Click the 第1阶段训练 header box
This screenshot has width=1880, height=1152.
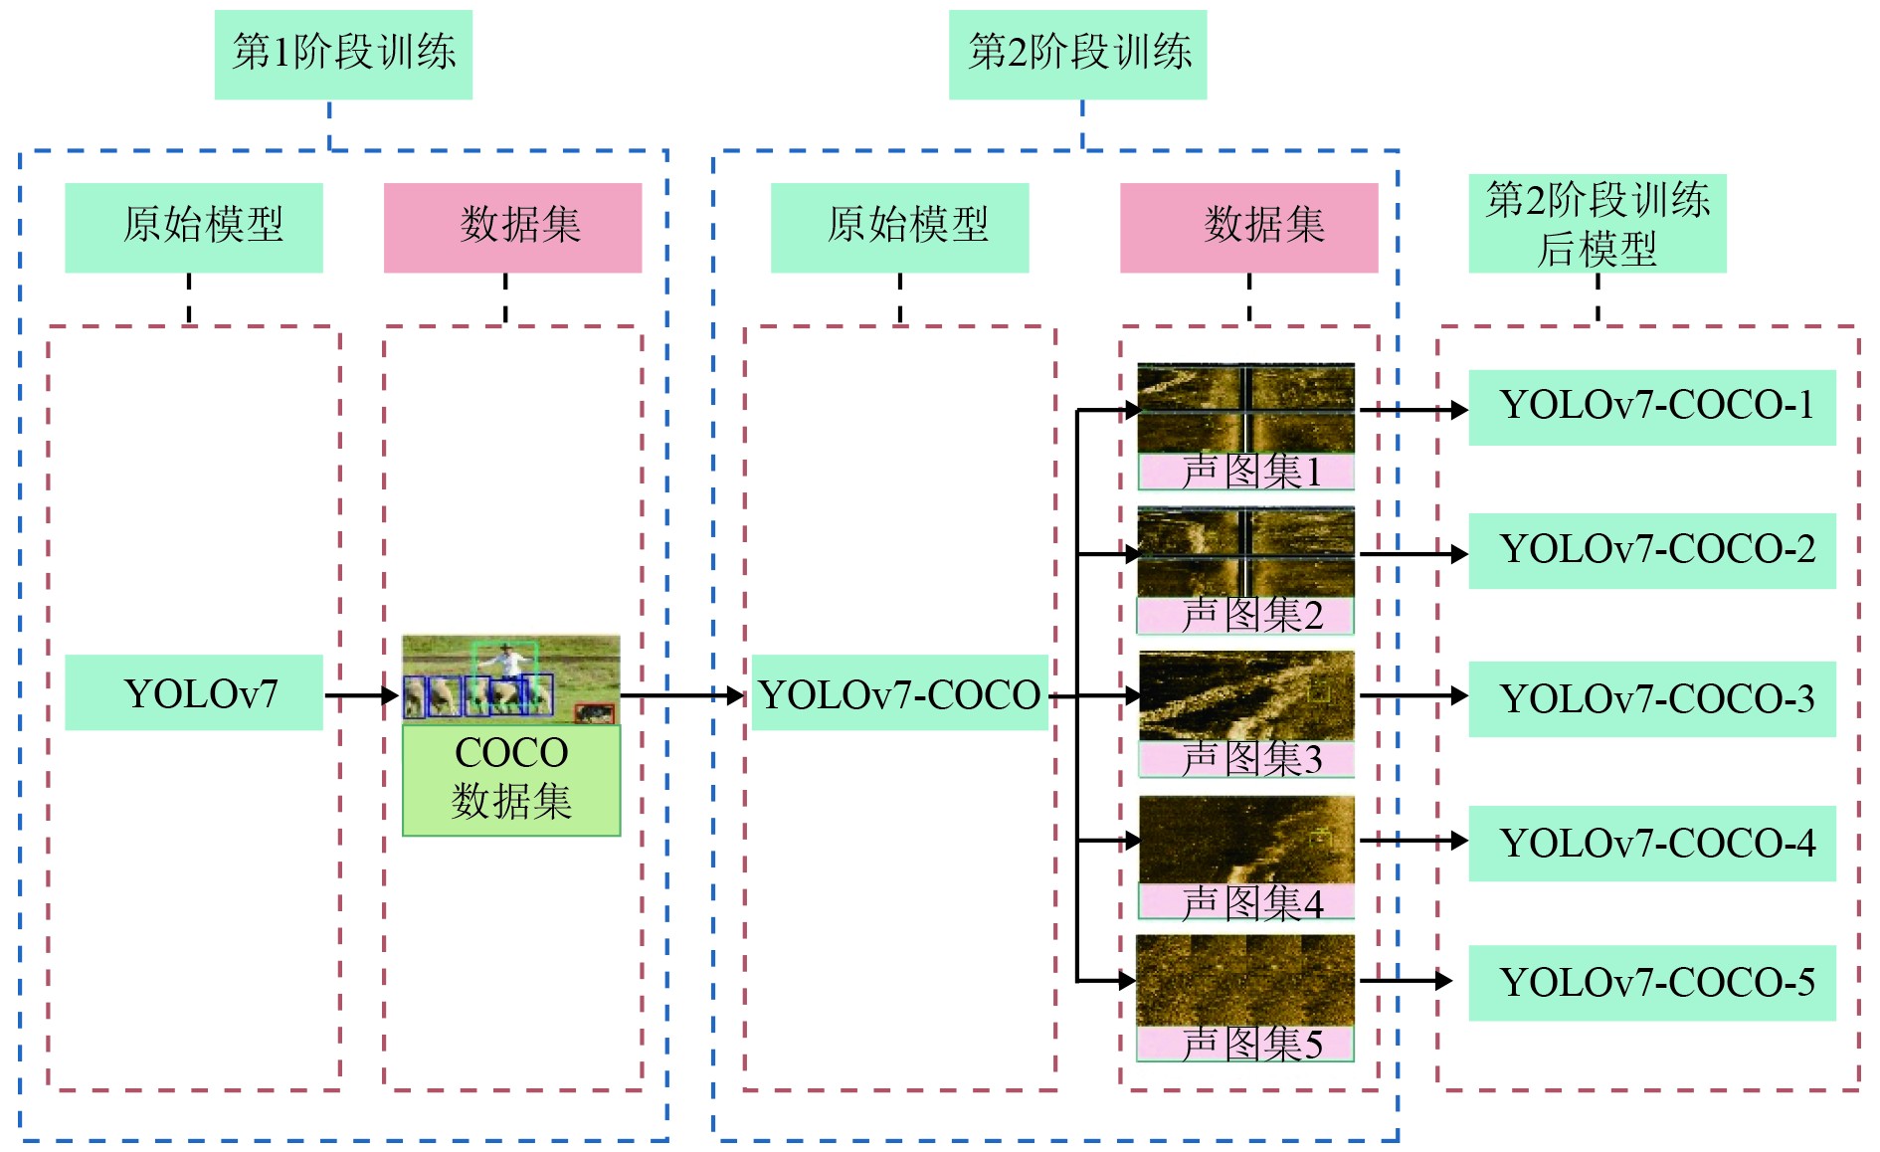click(x=343, y=54)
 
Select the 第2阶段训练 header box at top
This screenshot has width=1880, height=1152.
click(x=1077, y=54)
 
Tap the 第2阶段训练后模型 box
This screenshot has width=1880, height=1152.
click(x=1597, y=224)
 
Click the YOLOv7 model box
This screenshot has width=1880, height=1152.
click(x=194, y=692)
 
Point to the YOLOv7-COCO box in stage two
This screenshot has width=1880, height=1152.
click(x=899, y=693)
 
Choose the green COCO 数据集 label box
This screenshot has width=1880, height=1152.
click(x=511, y=779)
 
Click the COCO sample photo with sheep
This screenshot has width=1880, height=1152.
click(x=510, y=679)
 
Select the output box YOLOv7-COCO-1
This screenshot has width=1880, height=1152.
click(x=1651, y=407)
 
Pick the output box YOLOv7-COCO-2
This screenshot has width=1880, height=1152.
click(x=1651, y=550)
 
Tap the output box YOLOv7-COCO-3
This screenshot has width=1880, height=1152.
click(x=1651, y=698)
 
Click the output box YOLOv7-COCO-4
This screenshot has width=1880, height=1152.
click(x=1651, y=843)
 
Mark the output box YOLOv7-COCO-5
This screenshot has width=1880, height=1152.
click(x=1651, y=983)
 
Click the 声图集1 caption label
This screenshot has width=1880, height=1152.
click(x=1246, y=472)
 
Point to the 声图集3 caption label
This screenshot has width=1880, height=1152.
click(x=1246, y=759)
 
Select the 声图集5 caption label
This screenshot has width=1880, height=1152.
click(x=1246, y=1044)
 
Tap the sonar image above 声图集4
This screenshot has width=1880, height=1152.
click(x=1246, y=840)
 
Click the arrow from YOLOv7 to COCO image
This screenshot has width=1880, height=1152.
click(x=361, y=695)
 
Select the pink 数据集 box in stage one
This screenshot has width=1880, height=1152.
click(x=512, y=227)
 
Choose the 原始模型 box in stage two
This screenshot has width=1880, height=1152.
click(x=899, y=227)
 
